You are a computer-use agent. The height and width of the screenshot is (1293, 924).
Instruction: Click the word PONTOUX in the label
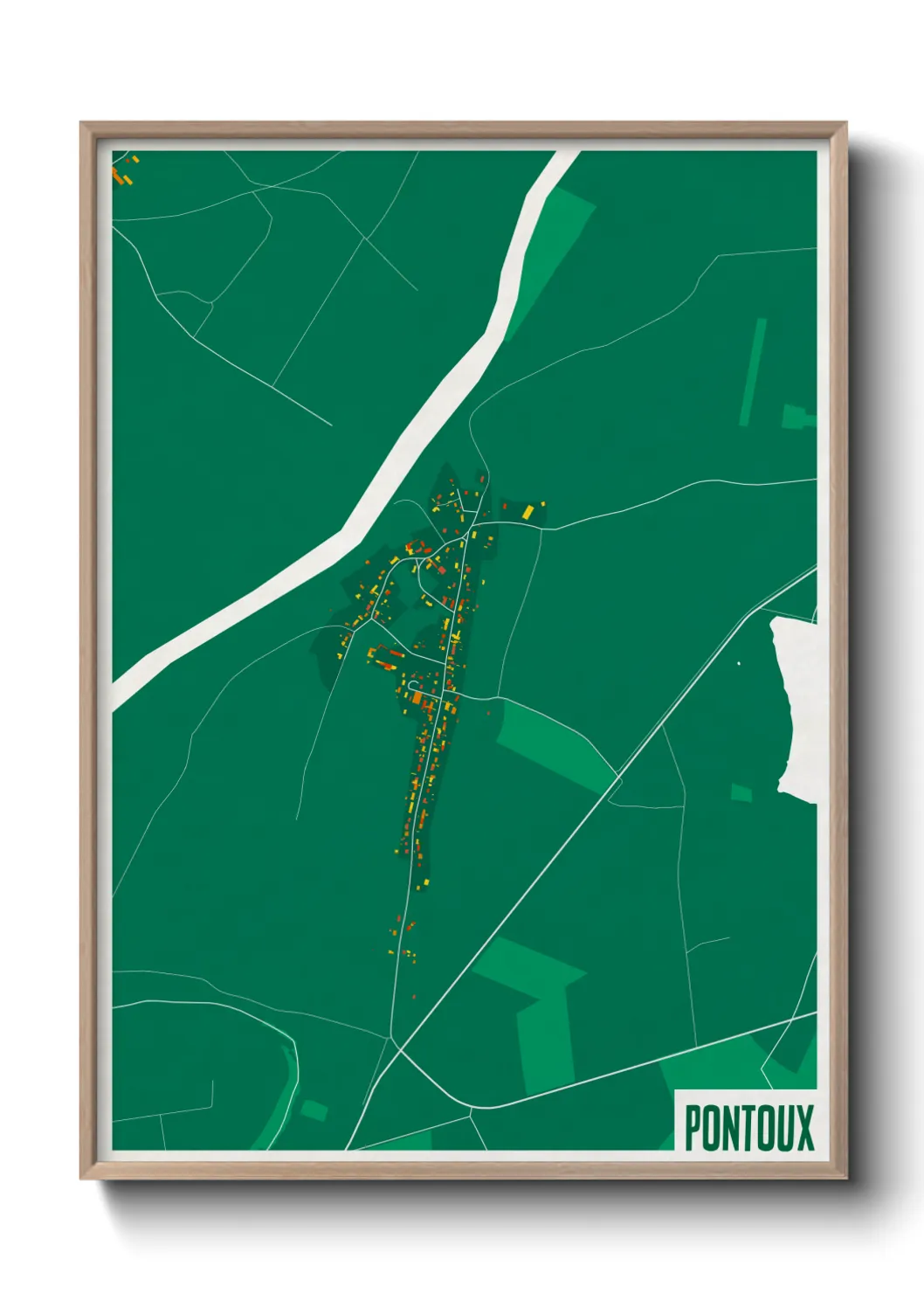(x=748, y=1128)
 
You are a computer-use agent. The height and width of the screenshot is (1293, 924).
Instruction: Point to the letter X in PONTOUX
(x=804, y=1128)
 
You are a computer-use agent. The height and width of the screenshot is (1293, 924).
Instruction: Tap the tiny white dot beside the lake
(x=739, y=663)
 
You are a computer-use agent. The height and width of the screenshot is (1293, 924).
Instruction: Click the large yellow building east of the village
(x=528, y=511)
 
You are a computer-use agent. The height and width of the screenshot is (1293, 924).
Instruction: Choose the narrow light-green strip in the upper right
(x=753, y=371)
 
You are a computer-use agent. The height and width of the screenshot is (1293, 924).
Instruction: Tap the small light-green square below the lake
(x=741, y=792)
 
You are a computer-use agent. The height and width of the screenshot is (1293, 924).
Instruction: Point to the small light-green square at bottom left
(x=314, y=1110)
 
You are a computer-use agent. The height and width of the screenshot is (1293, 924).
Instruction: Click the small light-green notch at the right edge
(x=795, y=417)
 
